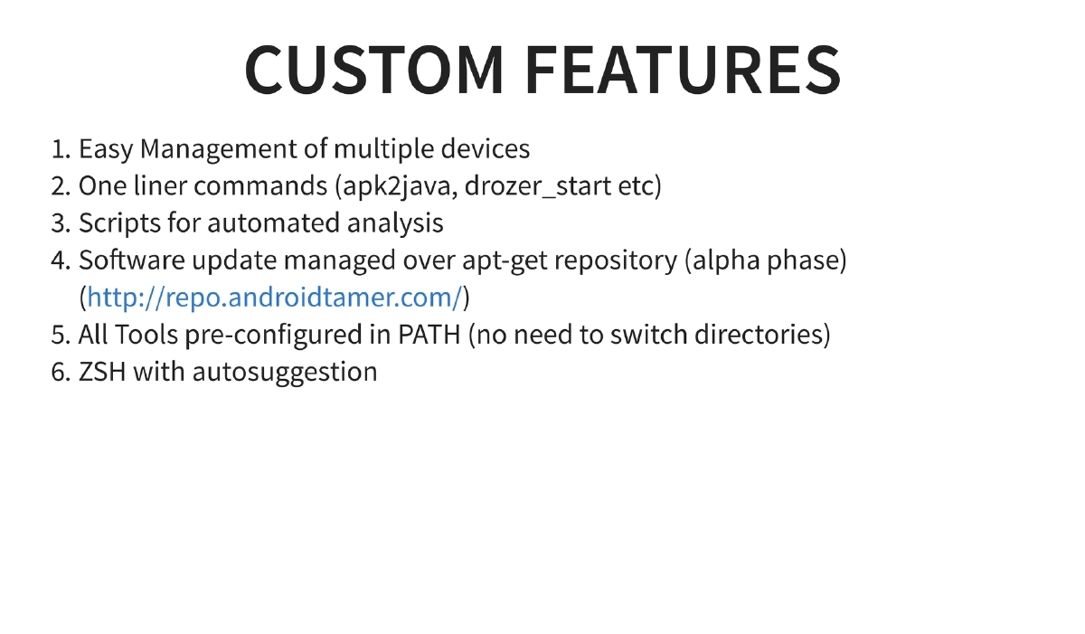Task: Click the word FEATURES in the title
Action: [x=683, y=70]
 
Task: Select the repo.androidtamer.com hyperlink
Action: [x=275, y=298]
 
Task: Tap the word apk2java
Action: [x=395, y=186]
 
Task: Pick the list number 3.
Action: [x=60, y=223]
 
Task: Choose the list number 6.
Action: [x=60, y=372]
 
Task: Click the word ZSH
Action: [x=102, y=372]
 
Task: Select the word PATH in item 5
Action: [x=429, y=335]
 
